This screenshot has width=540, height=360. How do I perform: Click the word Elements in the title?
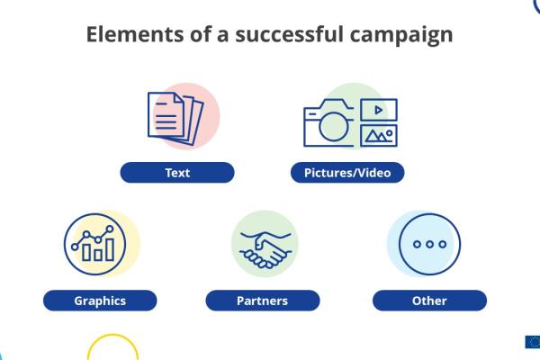pos(135,34)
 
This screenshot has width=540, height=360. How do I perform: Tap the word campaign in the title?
pos(401,36)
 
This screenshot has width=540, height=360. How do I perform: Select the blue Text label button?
pos(177,173)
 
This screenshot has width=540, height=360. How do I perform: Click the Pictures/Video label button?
pos(347,173)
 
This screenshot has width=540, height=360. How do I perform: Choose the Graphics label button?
pos(100,301)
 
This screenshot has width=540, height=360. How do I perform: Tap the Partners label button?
pos(263,301)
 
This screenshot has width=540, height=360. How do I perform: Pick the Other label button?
pos(429,301)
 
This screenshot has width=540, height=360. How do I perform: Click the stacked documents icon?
pos(175,118)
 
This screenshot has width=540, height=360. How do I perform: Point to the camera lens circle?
pos(333,126)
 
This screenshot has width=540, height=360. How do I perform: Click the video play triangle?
pos(379,110)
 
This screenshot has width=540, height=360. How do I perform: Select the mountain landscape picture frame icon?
pos(379,136)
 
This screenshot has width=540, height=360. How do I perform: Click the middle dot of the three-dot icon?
pos(429,244)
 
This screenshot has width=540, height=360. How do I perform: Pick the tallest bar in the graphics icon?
pos(110,250)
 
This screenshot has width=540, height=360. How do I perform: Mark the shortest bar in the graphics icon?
pos(98,255)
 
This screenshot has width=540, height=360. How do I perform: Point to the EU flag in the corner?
pos(533,342)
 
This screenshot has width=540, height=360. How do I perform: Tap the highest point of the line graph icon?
pos(110,229)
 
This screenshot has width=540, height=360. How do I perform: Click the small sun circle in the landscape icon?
pos(389,133)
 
